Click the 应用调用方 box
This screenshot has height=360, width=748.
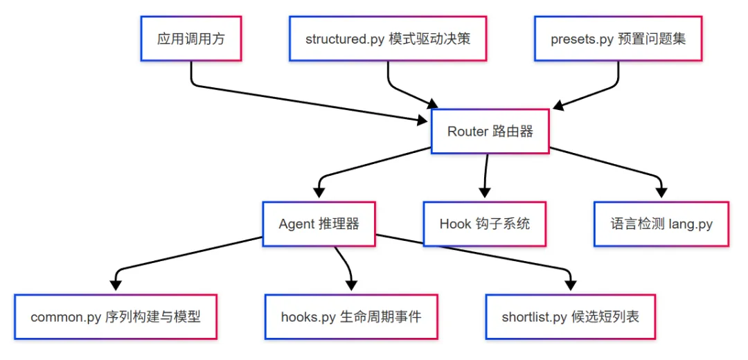191,39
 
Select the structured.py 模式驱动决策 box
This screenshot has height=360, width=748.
388,39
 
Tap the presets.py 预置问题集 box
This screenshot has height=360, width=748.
618,39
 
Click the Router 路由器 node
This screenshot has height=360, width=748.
490,132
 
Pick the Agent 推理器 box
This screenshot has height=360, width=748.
319,224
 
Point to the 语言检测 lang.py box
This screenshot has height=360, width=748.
661,224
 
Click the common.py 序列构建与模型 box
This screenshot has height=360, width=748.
116,317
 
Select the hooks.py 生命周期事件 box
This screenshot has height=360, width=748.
351,317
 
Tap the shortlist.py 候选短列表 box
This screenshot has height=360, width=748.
570,317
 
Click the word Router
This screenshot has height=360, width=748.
467,132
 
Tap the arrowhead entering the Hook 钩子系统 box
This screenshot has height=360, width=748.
485,192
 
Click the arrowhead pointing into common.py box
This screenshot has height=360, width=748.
116,285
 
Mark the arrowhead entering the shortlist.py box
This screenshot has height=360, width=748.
570,285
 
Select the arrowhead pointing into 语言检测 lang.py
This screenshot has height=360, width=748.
661,192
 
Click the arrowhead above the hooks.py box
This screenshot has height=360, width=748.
351,285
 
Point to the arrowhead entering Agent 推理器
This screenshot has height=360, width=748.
319,192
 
